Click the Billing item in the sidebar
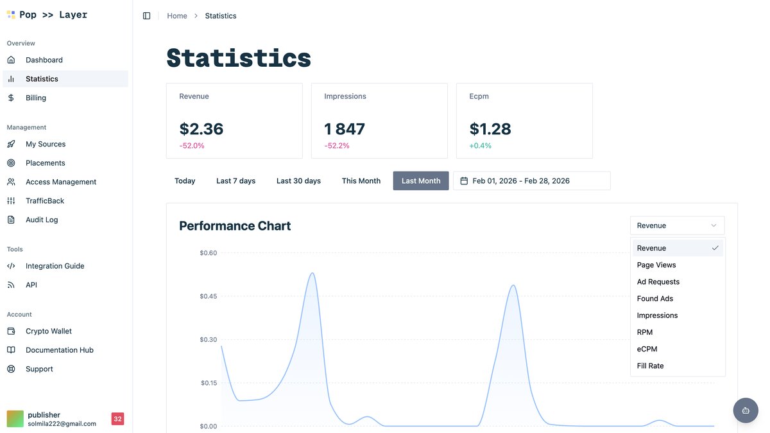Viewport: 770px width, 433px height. click(x=36, y=98)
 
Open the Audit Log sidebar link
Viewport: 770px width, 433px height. click(x=42, y=220)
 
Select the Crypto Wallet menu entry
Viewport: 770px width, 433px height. click(x=49, y=331)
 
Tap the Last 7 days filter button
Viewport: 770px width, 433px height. click(x=235, y=181)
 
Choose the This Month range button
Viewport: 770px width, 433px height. click(x=361, y=181)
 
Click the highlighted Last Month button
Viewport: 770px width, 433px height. click(x=420, y=181)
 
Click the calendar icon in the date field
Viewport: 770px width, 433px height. click(x=464, y=181)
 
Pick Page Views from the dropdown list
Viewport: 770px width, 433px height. click(x=656, y=265)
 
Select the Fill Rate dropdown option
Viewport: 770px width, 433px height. click(x=650, y=366)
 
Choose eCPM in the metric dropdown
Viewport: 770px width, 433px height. click(x=647, y=349)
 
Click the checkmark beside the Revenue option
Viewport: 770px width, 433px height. click(x=715, y=248)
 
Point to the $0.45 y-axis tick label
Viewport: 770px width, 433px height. click(x=208, y=296)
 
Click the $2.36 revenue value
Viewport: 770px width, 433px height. click(x=201, y=129)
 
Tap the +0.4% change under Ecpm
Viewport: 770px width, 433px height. click(x=480, y=146)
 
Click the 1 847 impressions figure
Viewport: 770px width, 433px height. click(x=345, y=129)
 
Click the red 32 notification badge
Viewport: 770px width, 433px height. click(x=117, y=419)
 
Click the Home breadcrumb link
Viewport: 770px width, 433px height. click(x=177, y=15)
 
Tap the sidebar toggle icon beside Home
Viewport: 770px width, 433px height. click(x=146, y=15)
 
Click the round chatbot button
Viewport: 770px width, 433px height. click(x=745, y=411)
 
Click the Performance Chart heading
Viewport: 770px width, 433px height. click(x=235, y=225)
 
